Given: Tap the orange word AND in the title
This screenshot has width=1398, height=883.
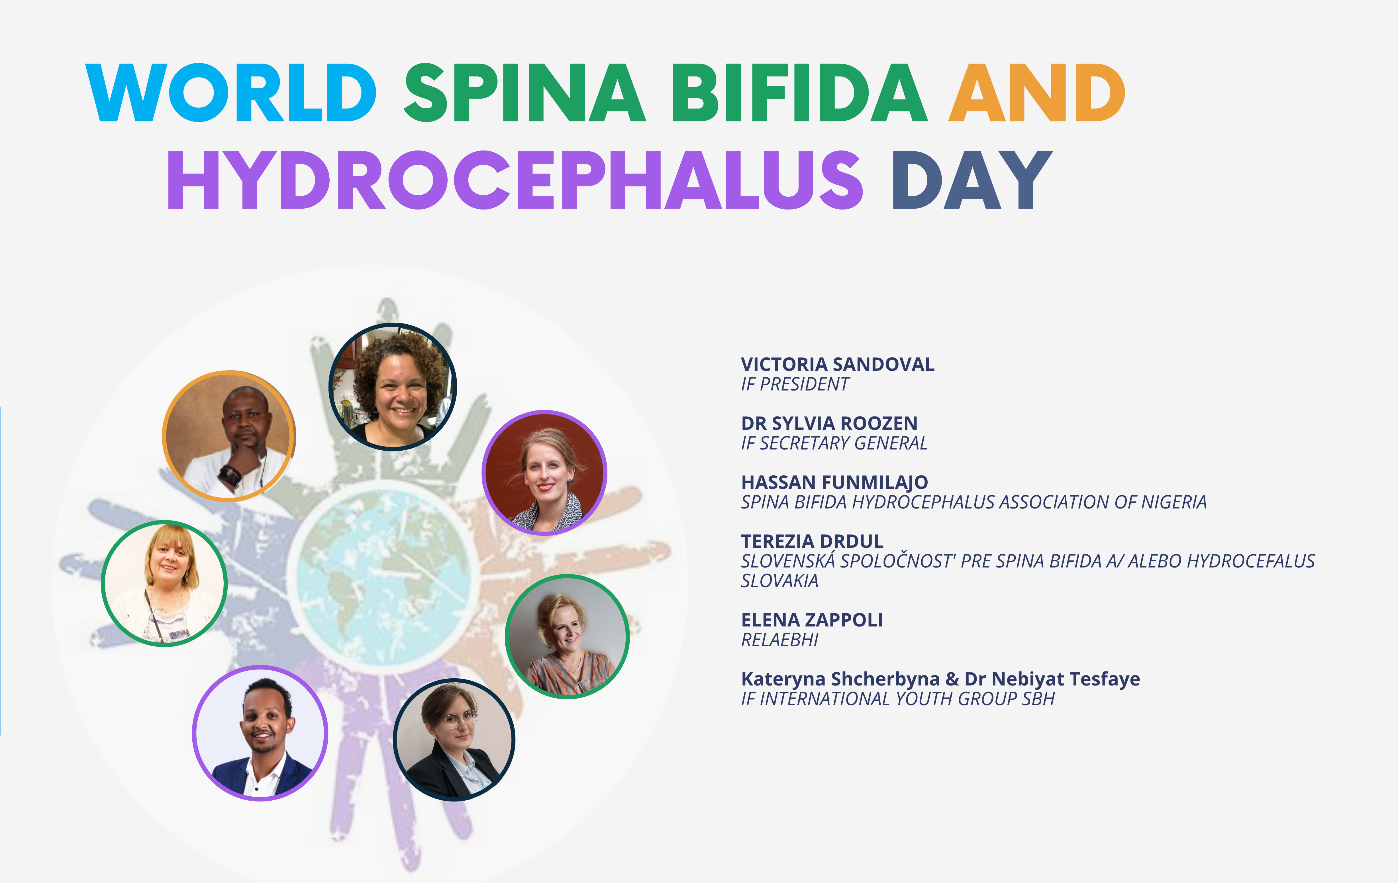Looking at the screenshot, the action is (x=1037, y=93).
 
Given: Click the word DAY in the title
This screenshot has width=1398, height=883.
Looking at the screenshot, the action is (x=972, y=180).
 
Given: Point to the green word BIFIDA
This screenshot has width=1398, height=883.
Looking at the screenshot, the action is (x=799, y=93).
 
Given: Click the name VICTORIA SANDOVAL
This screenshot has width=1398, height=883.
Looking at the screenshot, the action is (x=837, y=364).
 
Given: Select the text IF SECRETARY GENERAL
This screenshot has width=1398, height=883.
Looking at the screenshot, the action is (x=834, y=443).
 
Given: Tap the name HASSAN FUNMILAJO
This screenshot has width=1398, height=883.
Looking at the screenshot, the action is (x=834, y=482).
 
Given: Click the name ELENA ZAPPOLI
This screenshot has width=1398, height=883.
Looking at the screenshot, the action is (x=812, y=620).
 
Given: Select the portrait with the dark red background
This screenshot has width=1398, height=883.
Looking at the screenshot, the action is (x=544, y=472).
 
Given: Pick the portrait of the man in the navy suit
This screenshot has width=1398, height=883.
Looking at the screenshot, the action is (x=260, y=733).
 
